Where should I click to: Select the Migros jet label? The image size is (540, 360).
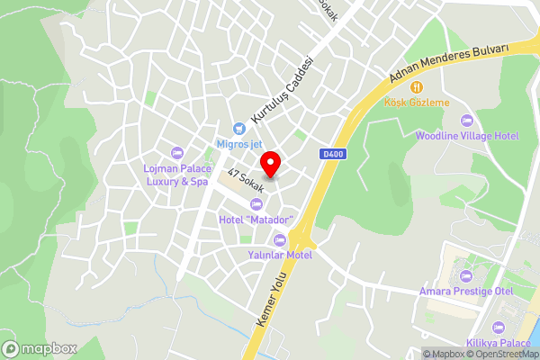[238, 143]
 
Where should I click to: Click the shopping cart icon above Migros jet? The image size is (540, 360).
[238, 128]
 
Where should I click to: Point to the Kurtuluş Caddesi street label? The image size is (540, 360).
[282, 91]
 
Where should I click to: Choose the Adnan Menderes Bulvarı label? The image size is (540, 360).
[449, 63]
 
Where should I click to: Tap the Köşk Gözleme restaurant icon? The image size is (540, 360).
[417, 87]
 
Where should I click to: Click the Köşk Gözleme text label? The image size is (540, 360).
[417, 103]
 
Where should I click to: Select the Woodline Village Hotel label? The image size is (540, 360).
[467, 136]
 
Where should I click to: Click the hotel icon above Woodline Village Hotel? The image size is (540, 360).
[466, 121]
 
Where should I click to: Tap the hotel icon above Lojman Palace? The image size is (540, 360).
[176, 151]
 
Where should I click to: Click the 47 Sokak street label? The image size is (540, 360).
[245, 181]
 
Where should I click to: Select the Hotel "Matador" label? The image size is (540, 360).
[256, 220]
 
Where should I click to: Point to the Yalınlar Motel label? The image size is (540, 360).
[279, 255]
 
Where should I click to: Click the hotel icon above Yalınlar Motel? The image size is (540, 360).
[279, 239]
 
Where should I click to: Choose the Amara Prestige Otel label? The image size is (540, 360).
[465, 291]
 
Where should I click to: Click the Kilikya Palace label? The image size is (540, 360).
[499, 344]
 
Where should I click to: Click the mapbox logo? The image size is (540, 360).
[40, 347]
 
